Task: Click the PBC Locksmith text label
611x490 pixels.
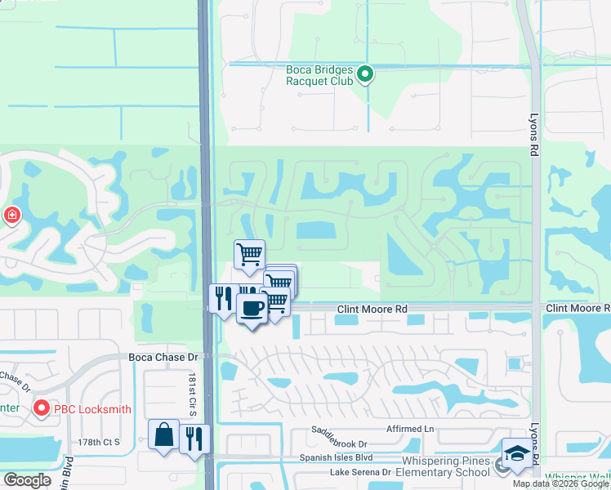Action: pyautogui.click(x=92, y=408)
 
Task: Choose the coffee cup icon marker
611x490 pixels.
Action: pyautogui.click(x=252, y=309)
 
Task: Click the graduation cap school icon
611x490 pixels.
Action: pyautogui.click(x=515, y=455)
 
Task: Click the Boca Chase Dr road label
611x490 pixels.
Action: pyautogui.click(x=163, y=357)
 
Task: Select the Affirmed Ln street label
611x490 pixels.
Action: pyautogui.click(x=411, y=429)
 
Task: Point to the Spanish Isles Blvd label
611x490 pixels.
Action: pyautogui.click(x=336, y=458)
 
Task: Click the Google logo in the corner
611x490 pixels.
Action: pyautogui.click(x=27, y=480)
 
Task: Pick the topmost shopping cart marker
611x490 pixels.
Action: pyautogui.click(x=250, y=253)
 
